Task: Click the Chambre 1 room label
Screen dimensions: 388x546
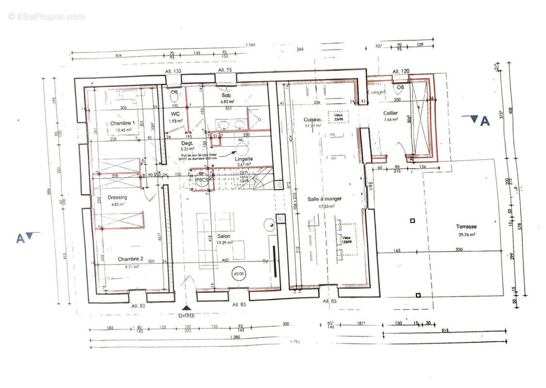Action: [x=122, y=123]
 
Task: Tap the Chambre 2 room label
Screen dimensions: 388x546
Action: [x=130, y=259]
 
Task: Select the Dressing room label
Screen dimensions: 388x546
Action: [x=117, y=197]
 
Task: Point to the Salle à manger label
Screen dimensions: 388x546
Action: [x=324, y=199]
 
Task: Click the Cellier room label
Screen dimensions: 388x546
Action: [x=390, y=113]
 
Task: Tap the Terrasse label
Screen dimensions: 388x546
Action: [x=466, y=226]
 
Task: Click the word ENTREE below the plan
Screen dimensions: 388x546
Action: [x=186, y=315]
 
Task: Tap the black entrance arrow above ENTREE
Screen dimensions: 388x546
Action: [x=186, y=307]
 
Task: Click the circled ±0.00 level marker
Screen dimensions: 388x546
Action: [x=239, y=273]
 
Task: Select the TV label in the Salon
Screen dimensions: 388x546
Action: [x=265, y=261]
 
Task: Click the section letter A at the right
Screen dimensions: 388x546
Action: [x=484, y=122]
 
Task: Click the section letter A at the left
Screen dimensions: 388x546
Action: [x=20, y=238]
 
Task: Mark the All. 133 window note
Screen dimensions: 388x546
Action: [x=174, y=71]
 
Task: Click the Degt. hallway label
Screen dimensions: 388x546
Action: [x=187, y=144]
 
